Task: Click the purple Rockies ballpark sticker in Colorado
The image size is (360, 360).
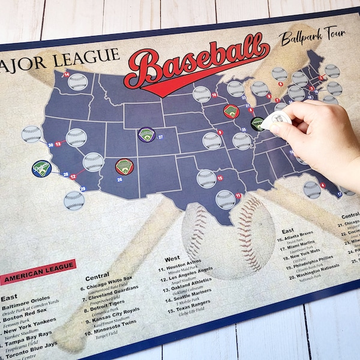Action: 146,135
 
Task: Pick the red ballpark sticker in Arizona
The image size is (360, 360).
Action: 124,166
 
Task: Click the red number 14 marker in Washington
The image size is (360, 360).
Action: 67,74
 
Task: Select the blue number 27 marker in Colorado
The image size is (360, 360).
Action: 161,137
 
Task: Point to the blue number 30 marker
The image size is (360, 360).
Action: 50,145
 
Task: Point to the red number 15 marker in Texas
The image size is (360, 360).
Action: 220,178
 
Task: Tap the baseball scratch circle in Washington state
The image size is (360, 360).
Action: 78,82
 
